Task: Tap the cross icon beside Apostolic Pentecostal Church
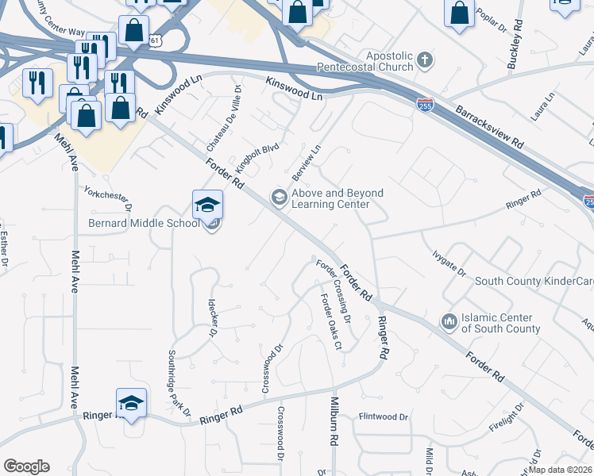pyautogui.click(x=425, y=60)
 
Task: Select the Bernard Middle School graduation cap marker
pyautogui.click(x=207, y=205)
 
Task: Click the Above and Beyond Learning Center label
pyautogui.click(x=337, y=198)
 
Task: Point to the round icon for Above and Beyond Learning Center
pyautogui.click(x=279, y=198)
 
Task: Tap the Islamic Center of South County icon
pyautogui.click(x=449, y=321)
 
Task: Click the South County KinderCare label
pyautogui.click(x=533, y=282)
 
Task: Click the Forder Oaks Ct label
pyautogui.click(x=330, y=321)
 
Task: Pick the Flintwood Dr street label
pyautogui.click(x=384, y=416)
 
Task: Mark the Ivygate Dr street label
pyautogui.click(x=449, y=262)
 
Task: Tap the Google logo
pyautogui.click(x=26, y=466)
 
